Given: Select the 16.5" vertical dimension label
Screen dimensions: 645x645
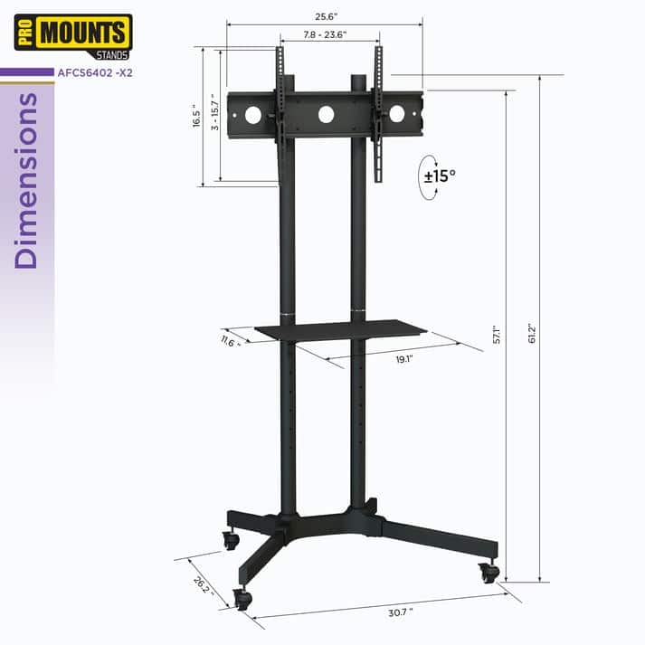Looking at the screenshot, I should [x=197, y=116].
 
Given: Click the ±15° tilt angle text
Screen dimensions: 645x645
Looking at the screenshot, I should [x=440, y=175].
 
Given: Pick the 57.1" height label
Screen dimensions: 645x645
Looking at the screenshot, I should [x=497, y=333].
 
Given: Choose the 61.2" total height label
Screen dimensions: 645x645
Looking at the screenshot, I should [x=533, y=333].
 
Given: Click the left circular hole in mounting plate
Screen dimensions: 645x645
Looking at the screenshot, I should [x=253, y=115].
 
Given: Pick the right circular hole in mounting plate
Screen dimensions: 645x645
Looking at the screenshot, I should [x=396, y=114].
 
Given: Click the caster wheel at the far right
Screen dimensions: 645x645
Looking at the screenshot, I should [x=489, y=573].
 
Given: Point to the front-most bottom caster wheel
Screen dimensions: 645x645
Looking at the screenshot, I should [x=241, y=598].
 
